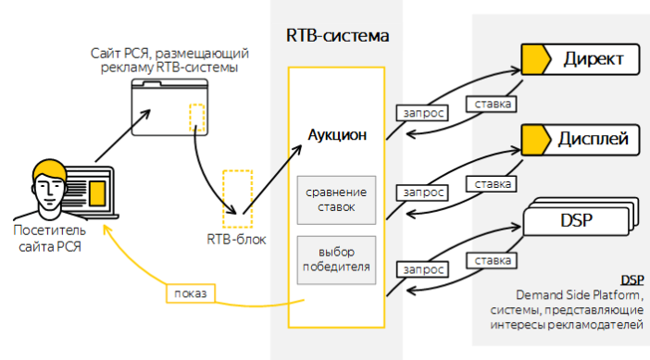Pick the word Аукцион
337,135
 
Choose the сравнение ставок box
337,200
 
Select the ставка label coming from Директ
490,104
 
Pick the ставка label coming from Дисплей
490,184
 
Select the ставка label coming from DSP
490,261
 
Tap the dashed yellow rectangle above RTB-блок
237,196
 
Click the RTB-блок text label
236,240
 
